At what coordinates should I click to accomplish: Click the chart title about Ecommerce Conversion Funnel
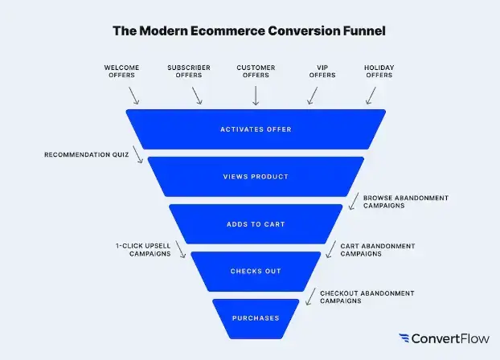[249, 31]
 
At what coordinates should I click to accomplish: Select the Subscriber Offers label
[189, 71]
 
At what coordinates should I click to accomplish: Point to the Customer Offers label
[256, 71]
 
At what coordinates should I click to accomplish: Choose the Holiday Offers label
[380, 71]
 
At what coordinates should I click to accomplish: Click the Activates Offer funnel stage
[256, 129]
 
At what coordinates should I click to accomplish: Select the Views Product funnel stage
[256, 177]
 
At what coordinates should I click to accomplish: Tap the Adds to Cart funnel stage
[256, 224]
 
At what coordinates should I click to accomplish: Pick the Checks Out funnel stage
[256, 271]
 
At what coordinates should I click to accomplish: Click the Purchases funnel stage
[256, 317]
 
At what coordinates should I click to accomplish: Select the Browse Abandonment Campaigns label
[405, 201]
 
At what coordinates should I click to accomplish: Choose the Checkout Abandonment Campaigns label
[367, 297]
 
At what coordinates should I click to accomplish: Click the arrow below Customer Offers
[256, 96]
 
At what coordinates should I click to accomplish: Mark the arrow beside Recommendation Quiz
[138, 155]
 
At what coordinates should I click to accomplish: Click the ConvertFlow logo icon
[405, 338]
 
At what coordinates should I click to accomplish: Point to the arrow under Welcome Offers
[133, 96]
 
